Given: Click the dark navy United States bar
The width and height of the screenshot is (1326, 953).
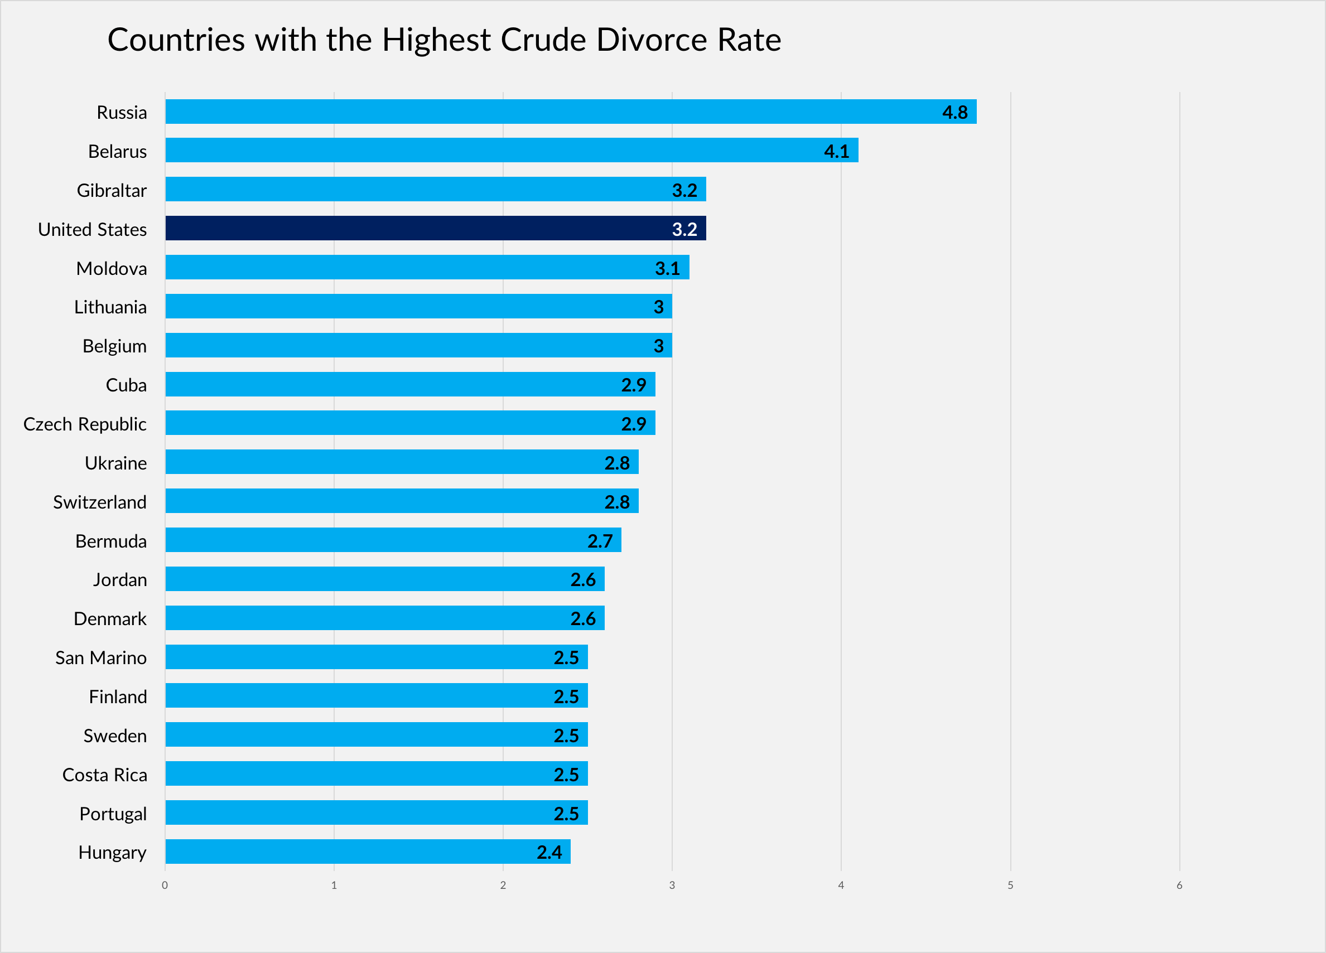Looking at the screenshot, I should point(436,228).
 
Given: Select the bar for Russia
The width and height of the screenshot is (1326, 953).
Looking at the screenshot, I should point(570,111).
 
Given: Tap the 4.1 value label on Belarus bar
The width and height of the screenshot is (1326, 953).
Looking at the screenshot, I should point(836,151).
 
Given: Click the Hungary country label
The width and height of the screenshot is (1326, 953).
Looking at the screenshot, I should point(112,853).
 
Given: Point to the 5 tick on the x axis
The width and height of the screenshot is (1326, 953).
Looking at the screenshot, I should point(1010,885).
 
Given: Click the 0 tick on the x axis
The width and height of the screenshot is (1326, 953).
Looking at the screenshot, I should point(165,885).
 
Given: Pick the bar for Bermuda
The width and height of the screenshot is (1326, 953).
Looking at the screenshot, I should point(393,540).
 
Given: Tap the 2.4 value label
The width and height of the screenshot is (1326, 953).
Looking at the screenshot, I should point(549,853).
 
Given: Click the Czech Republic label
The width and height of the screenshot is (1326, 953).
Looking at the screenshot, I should point(85,424).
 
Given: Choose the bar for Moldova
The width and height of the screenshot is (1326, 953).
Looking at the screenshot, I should point(427,267).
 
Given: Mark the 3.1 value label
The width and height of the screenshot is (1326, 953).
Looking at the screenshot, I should point(667,268).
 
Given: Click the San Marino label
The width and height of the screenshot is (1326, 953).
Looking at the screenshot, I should point(101,658).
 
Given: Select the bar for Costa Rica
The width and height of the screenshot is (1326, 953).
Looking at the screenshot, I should point(376,773).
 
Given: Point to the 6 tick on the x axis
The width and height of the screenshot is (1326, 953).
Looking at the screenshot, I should point(1179,885).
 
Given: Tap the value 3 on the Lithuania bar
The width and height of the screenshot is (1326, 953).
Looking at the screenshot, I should point(658,307).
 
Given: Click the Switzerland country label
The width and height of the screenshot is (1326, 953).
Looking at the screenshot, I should point(100,502).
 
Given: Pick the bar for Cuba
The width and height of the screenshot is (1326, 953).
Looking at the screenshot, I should point(410,384).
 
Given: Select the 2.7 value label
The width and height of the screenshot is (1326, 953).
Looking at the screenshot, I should point(600,541).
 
